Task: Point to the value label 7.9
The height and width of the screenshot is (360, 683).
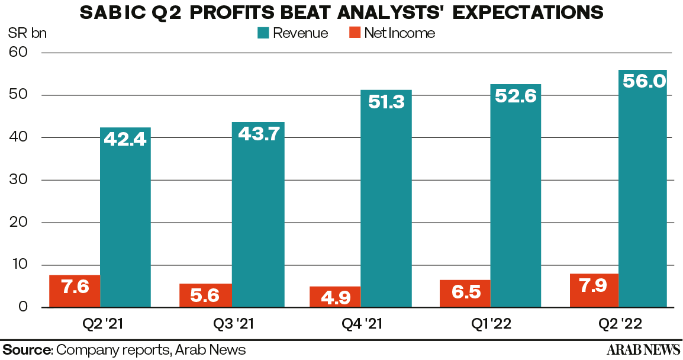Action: click(x=594, y=290)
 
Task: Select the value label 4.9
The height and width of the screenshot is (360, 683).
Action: click(x=334, y=296)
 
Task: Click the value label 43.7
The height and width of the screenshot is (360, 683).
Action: click(x=258, y=134)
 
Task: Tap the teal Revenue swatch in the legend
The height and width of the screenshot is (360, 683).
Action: click(x=264, y=33)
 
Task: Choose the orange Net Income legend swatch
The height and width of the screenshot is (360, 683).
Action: click(x=353, y=33)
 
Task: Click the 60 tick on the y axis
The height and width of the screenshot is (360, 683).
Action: click(x=18, y=53)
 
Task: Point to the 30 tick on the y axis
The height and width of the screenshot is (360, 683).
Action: click(x=18, y=180)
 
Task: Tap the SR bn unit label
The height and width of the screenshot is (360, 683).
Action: click(x=27, y=33)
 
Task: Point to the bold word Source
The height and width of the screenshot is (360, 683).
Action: click(x=27, y=349)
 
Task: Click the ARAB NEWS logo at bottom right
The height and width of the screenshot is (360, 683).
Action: click(x=643, y=349)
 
